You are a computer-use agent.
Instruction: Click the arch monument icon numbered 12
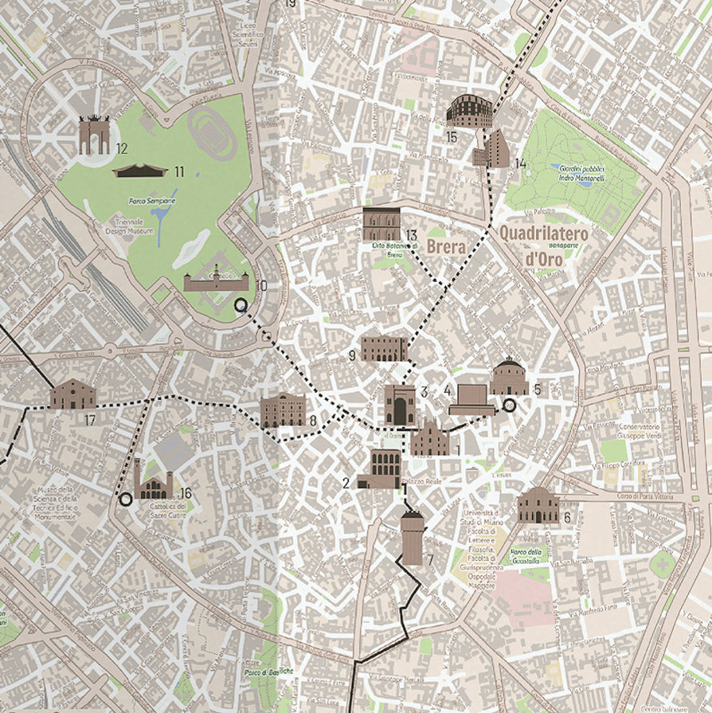94,135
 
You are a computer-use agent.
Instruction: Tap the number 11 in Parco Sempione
178,171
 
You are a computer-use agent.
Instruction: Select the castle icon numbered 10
216,280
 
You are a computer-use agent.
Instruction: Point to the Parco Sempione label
151,202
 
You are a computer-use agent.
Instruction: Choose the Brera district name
445,247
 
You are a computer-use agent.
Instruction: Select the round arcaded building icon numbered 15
468,112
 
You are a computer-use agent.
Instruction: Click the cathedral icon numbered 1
430,440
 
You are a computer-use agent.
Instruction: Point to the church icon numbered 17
73,394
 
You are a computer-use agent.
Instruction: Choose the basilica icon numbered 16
153,482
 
